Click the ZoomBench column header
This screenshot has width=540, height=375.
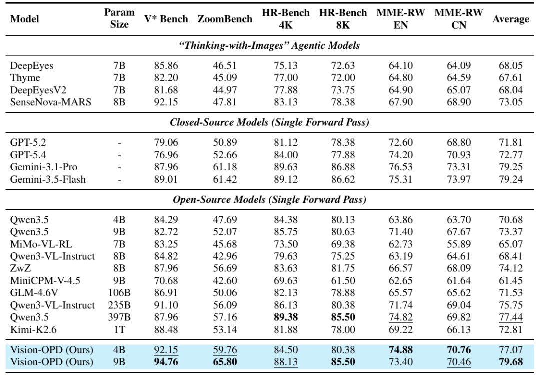click(225, 19)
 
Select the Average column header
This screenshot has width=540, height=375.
click(510, 19)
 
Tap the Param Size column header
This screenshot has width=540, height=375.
click(119, 18)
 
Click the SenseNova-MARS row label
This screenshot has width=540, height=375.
click(51, 102)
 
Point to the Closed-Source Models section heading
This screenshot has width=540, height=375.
click(269, 122)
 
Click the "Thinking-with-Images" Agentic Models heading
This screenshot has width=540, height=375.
click(269, 46)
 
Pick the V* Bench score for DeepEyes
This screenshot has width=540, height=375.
click(166, 66)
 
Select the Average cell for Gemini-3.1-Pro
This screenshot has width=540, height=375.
click(510, 167)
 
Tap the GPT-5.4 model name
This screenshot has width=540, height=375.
click(28, 155)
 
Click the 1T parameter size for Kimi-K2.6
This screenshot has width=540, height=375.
click(119, 330)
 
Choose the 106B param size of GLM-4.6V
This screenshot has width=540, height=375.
click(119, 293)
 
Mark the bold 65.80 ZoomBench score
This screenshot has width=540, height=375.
click(225, 362)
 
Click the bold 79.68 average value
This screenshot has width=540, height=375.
click(510, 362)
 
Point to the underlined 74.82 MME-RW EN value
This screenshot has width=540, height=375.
click(400, 317)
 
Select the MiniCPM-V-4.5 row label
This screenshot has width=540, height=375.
click(45, 281)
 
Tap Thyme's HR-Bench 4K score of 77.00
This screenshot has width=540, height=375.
click(286, 78)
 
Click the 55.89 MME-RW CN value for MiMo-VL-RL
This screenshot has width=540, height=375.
click(458, 244)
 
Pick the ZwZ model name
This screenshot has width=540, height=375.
click(20, 268)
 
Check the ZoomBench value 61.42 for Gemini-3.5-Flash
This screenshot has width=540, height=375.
click(225, 180)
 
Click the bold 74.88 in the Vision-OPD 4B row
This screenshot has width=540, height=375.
click(400, 350)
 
